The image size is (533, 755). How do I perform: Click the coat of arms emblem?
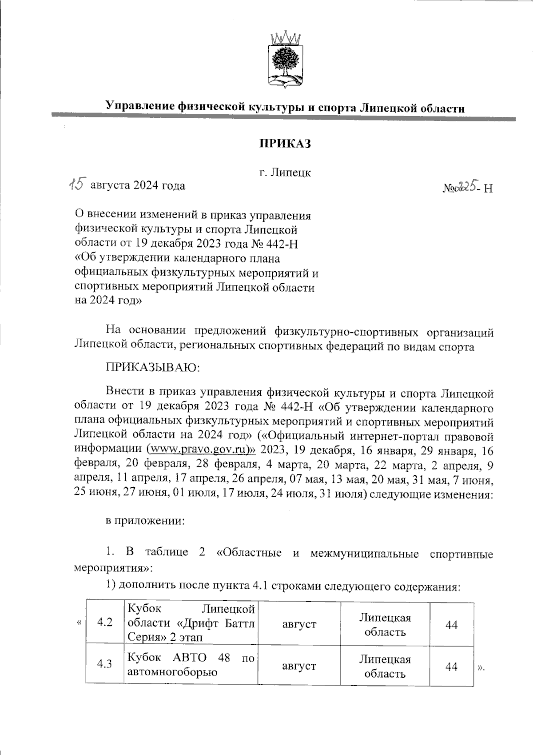[x=285, y=60]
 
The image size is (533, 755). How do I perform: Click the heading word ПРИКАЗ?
[x=285, y=144]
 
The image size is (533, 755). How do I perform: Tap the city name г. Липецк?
[x=285, y=173]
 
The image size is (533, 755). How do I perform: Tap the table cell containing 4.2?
[x=104, y=622]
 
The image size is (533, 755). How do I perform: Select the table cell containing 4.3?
[x=104, y=664]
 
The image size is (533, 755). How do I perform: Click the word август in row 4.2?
[x=299, y=624]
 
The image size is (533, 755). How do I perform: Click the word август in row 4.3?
[x=299, y=666]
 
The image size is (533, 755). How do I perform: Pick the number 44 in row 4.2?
[x=451, y=625]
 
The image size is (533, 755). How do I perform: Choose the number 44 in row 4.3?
[x=451, y=667]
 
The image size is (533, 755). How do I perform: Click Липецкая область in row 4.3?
[x=385, y=666]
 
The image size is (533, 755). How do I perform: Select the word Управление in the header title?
[x=139, y=106]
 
